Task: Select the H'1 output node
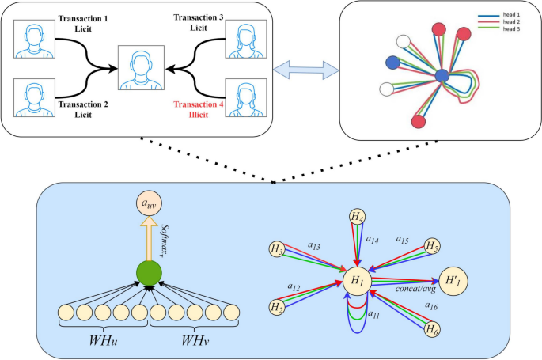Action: click(x=452, y=281)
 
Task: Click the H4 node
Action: click(x=358, y=216)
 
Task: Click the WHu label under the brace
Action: click(x=103, y=343)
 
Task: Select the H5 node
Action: click(x=432, y=246)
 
